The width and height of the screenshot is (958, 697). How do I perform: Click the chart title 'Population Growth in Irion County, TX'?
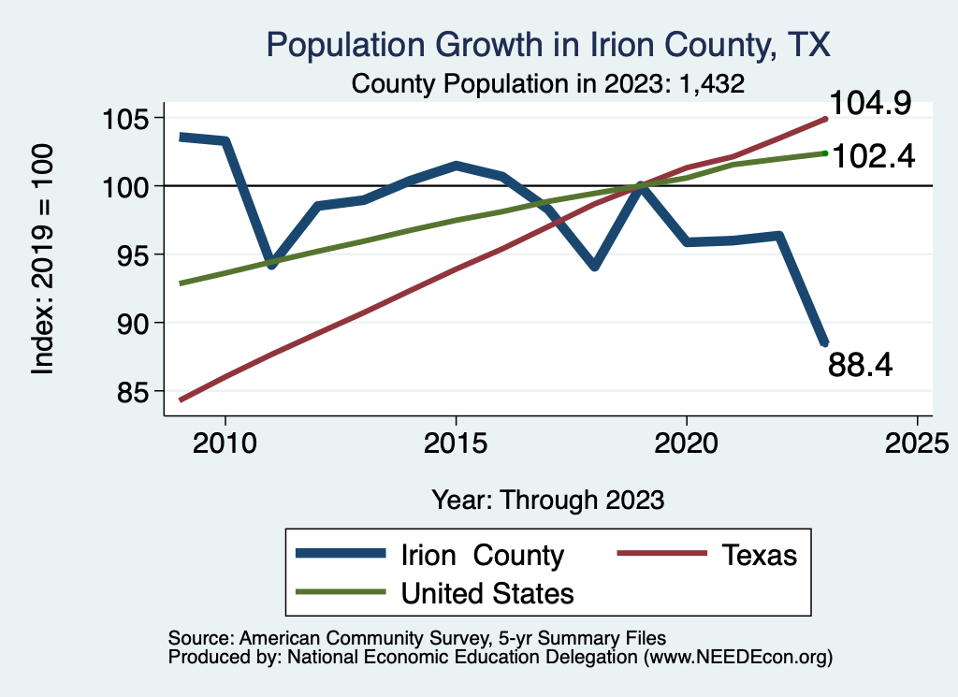[548, 45]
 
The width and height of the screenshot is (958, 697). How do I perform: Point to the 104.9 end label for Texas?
[871, 103]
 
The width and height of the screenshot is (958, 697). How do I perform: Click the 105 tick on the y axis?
[126, 119]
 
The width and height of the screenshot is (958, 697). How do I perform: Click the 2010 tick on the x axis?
[225, 441]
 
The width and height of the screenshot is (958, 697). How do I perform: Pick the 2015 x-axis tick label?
[456, 441]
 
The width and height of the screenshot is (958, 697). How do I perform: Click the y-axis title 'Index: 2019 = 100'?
[43, 259]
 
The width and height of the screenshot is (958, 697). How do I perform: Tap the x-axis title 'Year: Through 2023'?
[548, 500]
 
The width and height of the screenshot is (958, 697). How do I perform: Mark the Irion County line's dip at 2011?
[271, 266]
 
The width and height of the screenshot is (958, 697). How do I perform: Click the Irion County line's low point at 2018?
[594, 267]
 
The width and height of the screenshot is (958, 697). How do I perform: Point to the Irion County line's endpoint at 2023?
[823, 342]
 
